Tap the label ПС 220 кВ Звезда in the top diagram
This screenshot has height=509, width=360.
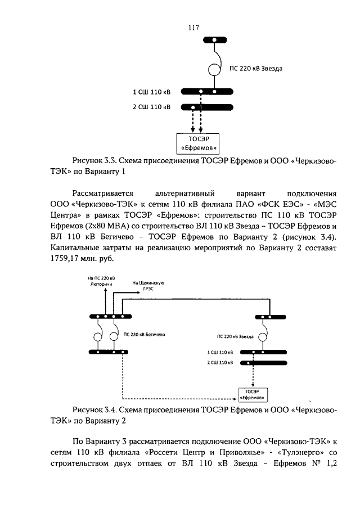pyautogui.click(x=256, y=69)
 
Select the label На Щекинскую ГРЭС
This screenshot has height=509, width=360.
pyautogui.click(x=147, y=286)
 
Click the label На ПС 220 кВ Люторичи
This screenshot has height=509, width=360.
pyautogui.click(x=101, y=281)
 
